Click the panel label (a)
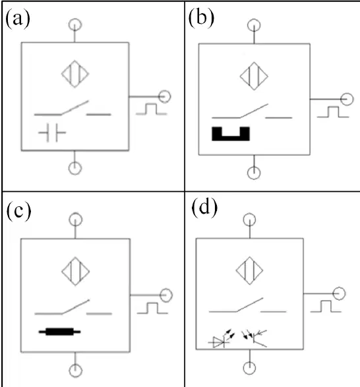(18, 18)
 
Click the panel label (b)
(201, 18)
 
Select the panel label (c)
(18, 212)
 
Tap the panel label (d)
(204, 208)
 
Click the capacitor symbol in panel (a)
(52, 133)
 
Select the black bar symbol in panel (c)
(59, 332)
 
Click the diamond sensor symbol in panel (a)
(75, 74)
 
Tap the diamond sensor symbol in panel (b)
(254, 76)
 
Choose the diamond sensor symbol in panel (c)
(76, 271)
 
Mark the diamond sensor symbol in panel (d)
(250, 270)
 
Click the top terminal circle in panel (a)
(75, 24)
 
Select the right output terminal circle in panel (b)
(347, 99)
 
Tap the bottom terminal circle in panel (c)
(76, 371)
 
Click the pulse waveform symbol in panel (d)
(326, 307)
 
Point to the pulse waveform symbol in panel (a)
(152, 109)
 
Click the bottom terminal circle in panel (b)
(254, 173)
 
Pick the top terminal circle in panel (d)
(250, 220)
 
